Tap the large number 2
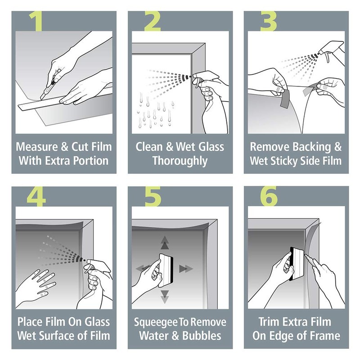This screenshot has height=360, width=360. [x=153, y=22]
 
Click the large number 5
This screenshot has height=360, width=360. [x=153, y=197]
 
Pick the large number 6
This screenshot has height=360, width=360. [x=269, y=197]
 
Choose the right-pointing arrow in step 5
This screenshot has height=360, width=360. [x=185, y=269]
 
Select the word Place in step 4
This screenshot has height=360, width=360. [x=31, y=322]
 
